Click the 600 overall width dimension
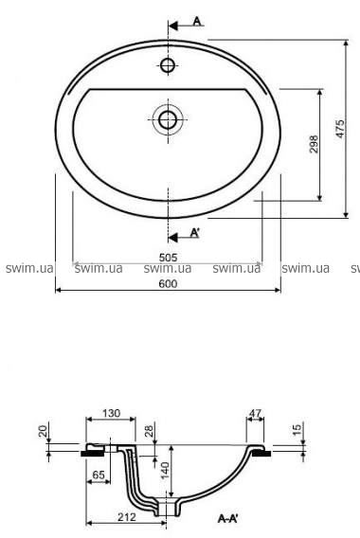169,284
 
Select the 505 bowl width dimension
169,258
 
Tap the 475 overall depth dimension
340,129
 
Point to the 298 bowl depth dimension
314,144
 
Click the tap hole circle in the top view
168,64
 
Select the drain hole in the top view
168,119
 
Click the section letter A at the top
197,21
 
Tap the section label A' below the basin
195,233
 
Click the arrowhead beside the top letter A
173,26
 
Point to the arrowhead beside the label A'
173,238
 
